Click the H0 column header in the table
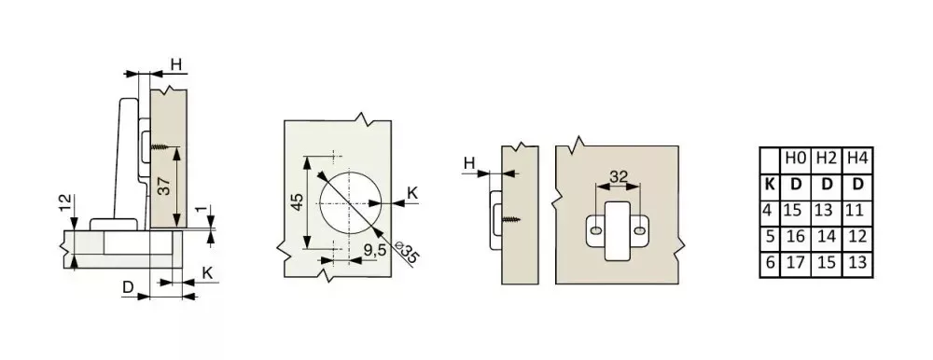(x=796, y=159)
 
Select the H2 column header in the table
(x=827, y=159)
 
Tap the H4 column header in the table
(x=857, y=159)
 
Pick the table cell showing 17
(x=796, y=263)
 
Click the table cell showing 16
(x=796, y=237)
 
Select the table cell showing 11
(x=857, y=211)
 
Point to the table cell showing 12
(x=857, y=237)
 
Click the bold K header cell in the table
(x=770, y=185)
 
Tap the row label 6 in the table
(x=770, y=263)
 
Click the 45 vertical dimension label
(x=297, y=202)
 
